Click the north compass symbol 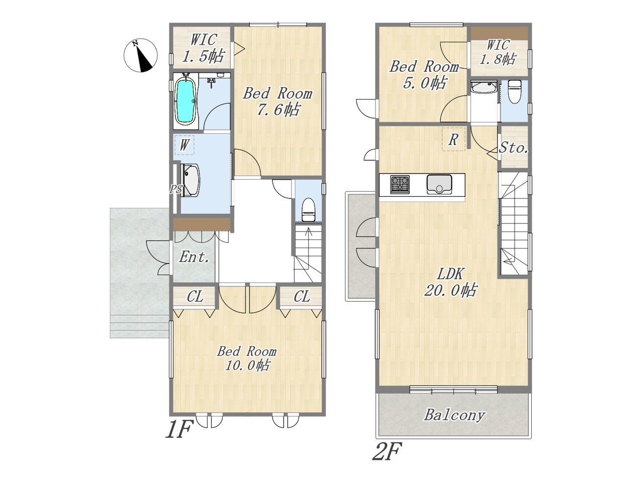point(140,55)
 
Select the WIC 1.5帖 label point(203,48)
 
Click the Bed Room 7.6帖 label point(277,101)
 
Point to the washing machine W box point(184,145)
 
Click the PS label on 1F point(176,189)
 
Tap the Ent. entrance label point(194,257)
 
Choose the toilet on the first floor point(308,209)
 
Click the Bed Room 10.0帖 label point(247,358)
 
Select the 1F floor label point(179,429)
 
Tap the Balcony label point(454,415)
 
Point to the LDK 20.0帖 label point(450,282)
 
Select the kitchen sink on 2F point(439,184)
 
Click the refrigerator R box point(453,139)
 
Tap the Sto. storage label point(513,148)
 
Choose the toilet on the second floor point(515,92)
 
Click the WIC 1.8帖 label point(498,52)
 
